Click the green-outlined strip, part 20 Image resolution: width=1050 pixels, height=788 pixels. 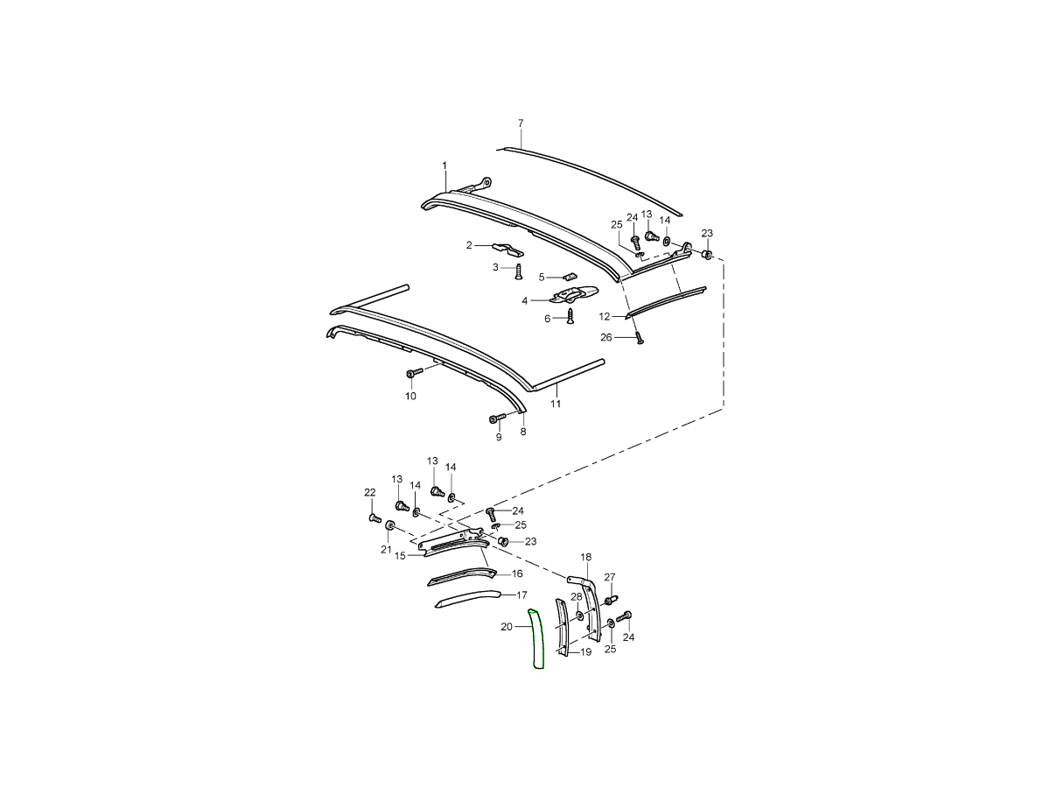[x=536, y=639]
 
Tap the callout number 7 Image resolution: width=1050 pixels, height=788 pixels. [x=521, y=123]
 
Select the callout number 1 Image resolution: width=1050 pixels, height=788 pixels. [x=444, y=165]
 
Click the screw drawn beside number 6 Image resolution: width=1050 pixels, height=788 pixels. [x=570, y=316]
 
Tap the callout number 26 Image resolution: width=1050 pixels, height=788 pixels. [x=606, y=337]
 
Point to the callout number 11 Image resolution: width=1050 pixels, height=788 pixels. [x=555, y=404]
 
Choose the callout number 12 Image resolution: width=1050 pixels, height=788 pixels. [x=605, y=316]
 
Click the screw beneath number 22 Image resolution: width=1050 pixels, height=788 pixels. [x=374, y=517]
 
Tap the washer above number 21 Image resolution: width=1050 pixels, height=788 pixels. [x=389, y=525]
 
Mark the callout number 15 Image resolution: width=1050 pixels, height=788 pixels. [x=400, y=555]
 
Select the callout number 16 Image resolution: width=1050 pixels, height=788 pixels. [x=517, y=573]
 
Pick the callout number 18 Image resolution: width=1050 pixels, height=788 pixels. [x=586, y=557]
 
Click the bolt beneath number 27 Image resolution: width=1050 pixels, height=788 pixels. [x=611, y=600]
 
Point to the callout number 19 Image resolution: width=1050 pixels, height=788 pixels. [x=585, y=651]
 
